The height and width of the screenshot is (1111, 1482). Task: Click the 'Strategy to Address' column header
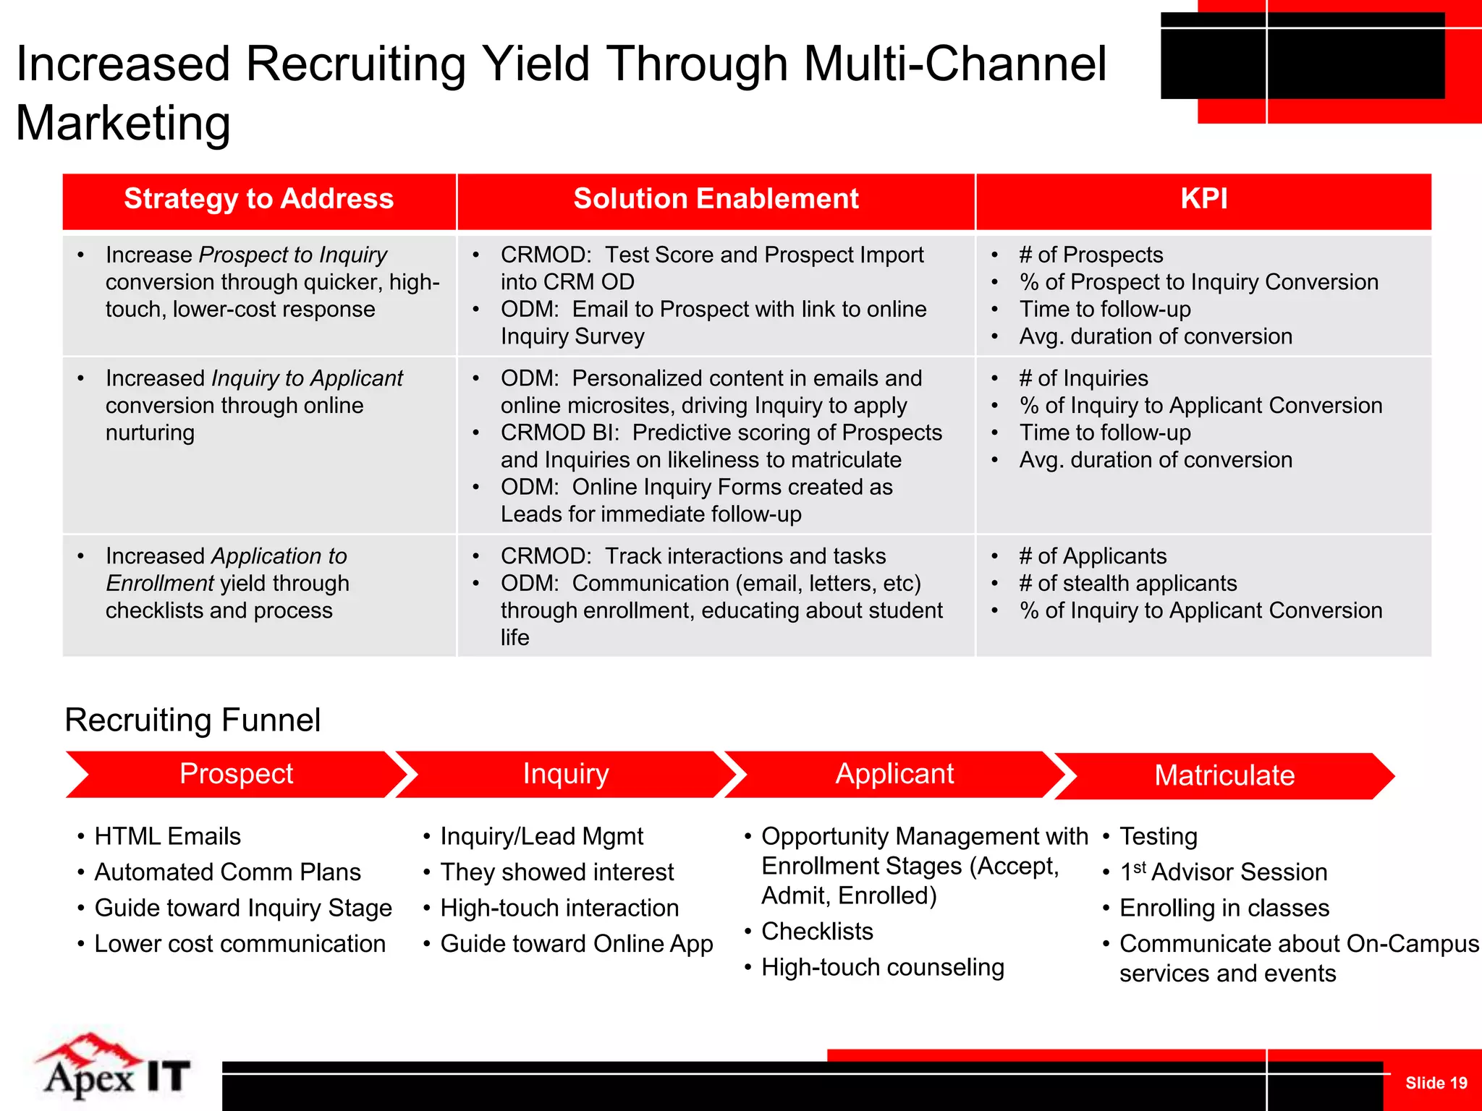(x=258, y=199)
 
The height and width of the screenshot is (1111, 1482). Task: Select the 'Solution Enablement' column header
(x=716, y=199)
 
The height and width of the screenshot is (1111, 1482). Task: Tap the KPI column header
(x=1203, y=199)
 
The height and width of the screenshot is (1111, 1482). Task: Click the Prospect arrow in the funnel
(x=236, y=774)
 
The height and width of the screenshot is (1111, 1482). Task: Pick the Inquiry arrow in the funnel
(x=566, y=774)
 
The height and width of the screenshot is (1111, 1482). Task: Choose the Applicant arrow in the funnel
(x=894, y=774)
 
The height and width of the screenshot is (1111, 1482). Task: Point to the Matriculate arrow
(x=1224, y=775)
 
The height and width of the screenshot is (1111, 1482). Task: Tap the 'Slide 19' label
(x=1436, y=1083)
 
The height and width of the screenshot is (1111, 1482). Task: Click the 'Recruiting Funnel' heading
(x=192, y=720)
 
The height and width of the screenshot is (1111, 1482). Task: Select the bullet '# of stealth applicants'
(x=1127, y=583)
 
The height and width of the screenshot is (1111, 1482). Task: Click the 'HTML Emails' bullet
(x=167, y=836)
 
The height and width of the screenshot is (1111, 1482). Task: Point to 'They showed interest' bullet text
(x=556, y=872)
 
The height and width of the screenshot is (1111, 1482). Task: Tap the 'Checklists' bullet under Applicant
(x=817, y=932)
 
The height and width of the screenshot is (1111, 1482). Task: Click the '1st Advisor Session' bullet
(x=1223, y=872)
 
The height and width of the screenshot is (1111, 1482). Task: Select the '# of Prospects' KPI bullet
(x=1091, y=255)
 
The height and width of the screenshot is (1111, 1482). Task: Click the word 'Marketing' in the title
(x=123, y=123)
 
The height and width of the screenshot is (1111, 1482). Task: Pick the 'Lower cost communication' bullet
(x=240, y=944)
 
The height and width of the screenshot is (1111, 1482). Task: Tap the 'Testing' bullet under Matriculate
(x=1158, y=836)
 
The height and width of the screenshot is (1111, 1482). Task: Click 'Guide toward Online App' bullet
(x=576, y=944)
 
